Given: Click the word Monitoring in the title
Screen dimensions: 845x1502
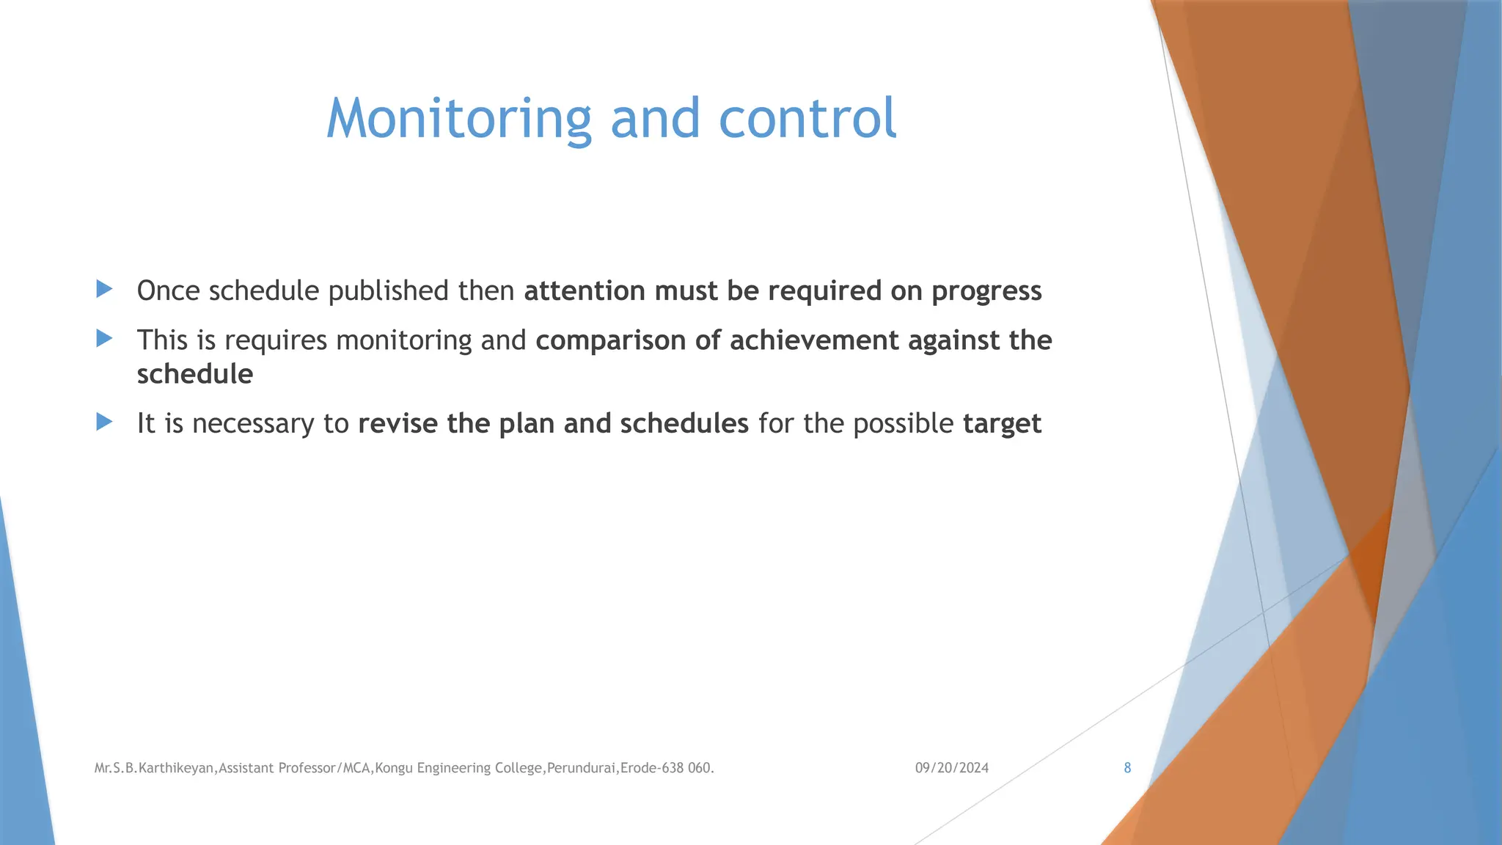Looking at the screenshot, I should tap(458, 119).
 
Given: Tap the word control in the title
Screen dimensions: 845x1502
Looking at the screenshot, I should tap(807, 119).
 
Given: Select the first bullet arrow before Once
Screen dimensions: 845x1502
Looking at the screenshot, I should tap(104, 289).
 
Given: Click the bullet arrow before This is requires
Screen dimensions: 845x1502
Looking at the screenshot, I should tap(104, 338).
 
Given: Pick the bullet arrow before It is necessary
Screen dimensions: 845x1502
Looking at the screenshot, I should tap(104, 422).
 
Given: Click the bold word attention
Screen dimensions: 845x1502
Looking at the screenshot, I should tap(584, 291).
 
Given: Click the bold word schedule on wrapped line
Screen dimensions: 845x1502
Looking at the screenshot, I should tap(195, 374).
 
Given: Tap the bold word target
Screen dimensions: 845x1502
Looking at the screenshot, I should tap(1002, 425).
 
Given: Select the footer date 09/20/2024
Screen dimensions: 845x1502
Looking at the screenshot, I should tap(951, 768).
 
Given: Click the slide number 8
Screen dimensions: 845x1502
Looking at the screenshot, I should tap(1127, 768).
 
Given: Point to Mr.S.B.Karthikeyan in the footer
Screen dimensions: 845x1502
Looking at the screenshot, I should tap(154, 769).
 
